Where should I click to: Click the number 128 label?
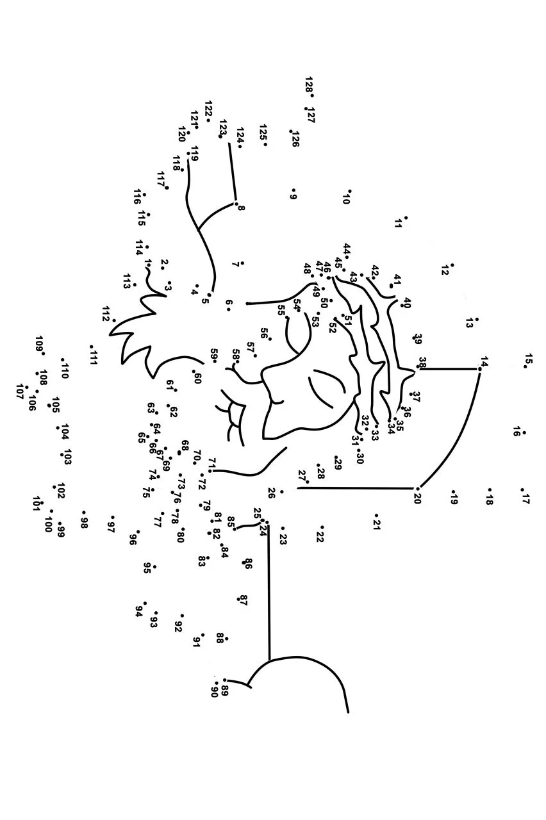click(x=308, y=85)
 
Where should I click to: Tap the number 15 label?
click(x=528, y=359)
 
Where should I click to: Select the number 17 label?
click(x=525, y=498)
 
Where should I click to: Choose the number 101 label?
click(x=36, y=504)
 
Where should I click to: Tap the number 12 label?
click(x=445, y=270)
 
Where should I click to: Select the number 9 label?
click(x=293, y=197)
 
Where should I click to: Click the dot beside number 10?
click(x=349, y=191)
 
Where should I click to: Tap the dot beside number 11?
click(x=406, y=218)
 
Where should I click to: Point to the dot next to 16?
click(x=524, y=432)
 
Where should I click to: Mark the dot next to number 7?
click(x=242, y=263)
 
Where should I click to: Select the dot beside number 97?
click(x=112, y=517)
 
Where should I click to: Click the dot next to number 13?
click(x=476, y=319)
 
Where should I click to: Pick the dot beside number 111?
click(x=91, y=346)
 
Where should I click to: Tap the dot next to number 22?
click(x=322, y=527)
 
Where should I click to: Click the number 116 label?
click(x=137, y=197)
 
